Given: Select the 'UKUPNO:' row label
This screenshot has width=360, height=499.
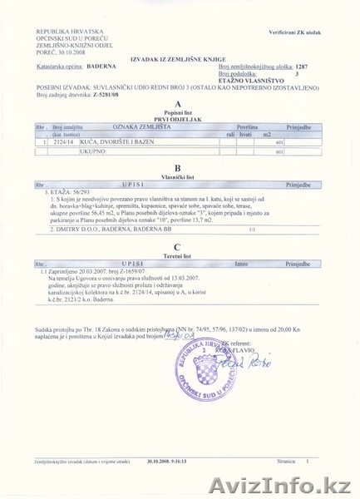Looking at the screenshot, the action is (x=69, y=152).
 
